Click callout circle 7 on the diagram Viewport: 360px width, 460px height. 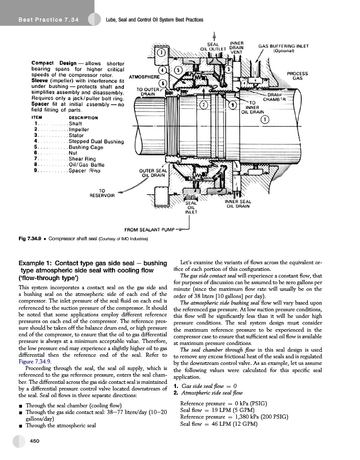(x=161, y=53)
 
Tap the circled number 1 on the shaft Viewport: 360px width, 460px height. (x=265, y=120)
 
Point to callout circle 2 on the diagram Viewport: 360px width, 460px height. (x=203, y=105)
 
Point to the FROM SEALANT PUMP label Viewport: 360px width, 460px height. (x=149, y=229)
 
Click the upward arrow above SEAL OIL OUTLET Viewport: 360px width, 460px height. (x=213, y=34)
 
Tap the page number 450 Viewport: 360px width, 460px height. (x=35, y=441)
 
